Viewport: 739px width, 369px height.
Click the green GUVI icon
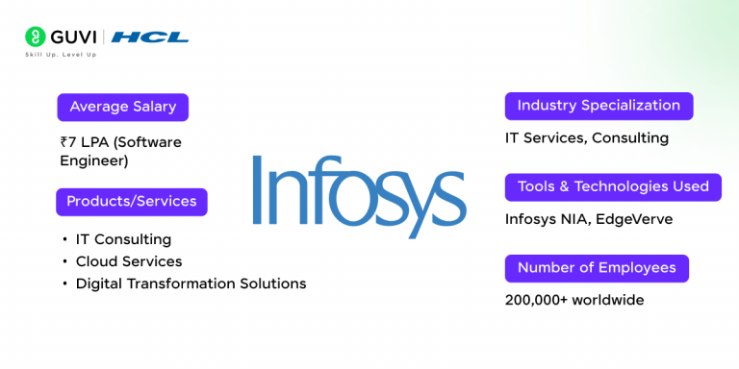coord(36,37)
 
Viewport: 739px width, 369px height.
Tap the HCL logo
coord(150,37)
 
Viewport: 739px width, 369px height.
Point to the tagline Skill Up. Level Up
coord(61,54)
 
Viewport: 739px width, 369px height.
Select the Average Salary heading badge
coord(122,107)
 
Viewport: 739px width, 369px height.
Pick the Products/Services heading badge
coord(131,202)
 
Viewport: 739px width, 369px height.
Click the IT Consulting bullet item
coord(123,238)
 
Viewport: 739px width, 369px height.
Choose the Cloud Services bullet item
coord(129,261)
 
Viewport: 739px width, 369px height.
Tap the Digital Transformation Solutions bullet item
coord(191,283)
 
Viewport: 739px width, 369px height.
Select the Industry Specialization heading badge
coord(599,106)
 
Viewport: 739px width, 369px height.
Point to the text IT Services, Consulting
coord(587,137)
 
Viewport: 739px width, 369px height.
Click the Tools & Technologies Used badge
coord(613,186)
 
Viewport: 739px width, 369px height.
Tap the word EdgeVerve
coord(634,219)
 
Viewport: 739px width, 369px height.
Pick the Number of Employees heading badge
coord(597,268)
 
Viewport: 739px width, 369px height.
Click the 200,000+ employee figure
coord(536,300)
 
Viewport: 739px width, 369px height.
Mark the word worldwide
coord(607,300)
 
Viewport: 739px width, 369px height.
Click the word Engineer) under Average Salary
coord(94,160)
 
